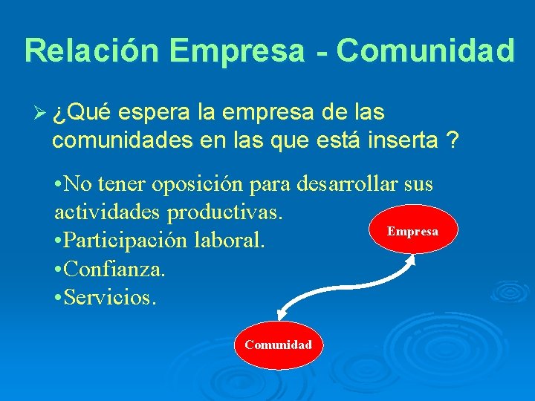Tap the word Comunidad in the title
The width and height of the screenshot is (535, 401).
[425, 50]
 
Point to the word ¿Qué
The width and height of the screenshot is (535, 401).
[82, 114]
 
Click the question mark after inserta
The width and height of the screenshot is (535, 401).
[453, 140]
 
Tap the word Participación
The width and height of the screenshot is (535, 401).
[126, 241]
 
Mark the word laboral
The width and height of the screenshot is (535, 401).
[227, 241]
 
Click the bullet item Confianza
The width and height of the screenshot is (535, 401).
[116, 269]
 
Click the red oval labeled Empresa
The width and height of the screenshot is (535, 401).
[412, 230]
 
